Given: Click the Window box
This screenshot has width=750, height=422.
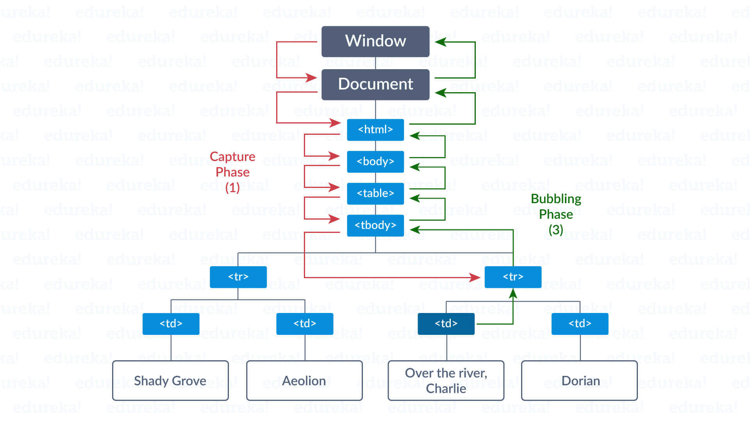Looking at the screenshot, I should click(375, 41).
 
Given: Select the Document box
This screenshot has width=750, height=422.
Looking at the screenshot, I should click(375, 84).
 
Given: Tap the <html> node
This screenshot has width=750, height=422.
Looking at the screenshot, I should click(375, 130).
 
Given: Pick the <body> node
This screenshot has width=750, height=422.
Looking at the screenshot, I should click(375, 161).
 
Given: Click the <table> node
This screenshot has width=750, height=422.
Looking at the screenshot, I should click(375, 193).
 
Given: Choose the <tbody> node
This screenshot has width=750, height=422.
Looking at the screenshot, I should click(375, 225).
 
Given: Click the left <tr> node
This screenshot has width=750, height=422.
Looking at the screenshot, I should click(238, 277).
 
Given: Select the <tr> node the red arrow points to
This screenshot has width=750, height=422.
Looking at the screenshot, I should click(512, 277).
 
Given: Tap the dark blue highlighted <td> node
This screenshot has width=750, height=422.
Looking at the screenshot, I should click(446, 324).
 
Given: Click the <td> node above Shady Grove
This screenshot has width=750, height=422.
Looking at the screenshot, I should click(171, 324).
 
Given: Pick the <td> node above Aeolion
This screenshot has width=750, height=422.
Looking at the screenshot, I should click(304, 324).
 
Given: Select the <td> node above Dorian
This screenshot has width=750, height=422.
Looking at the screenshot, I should click(580, 324).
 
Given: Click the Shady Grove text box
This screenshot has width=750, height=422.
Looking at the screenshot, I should click(170, 381).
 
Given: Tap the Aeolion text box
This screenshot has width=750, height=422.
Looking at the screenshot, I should click(304, 381).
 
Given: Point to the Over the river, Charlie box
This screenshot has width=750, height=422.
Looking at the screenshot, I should click(446, 381).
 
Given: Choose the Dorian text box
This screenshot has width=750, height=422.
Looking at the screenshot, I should click(579, 381).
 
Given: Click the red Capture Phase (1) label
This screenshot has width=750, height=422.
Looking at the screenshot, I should click(232, 172).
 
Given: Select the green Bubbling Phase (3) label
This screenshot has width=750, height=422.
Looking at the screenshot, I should click(555, 214).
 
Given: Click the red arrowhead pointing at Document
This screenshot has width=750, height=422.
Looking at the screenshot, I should click(311, 77).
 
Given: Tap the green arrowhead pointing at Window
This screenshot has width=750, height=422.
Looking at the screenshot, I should click(441, 42).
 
